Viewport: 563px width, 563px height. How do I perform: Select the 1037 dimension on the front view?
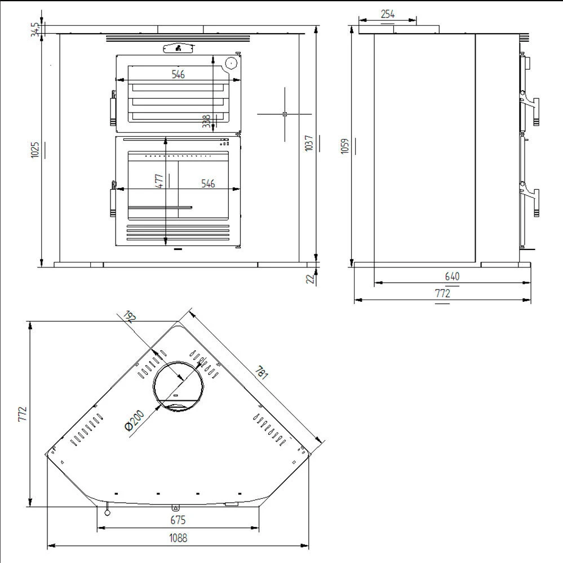[307, 144]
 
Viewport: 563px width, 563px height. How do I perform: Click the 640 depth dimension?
[452, 276]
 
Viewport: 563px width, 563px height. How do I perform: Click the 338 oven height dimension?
[206, 121]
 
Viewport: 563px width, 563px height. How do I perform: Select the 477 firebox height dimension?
[159, 181]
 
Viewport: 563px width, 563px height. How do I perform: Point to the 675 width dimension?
[178, 520]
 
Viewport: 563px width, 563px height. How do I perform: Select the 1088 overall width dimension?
[178, 538]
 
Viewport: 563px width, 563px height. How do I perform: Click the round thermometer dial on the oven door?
[230, 63]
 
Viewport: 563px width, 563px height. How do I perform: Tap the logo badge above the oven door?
[178, 49]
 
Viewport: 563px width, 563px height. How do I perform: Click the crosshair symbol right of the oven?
[285, 114]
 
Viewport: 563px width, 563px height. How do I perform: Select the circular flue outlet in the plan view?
[179, 386]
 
